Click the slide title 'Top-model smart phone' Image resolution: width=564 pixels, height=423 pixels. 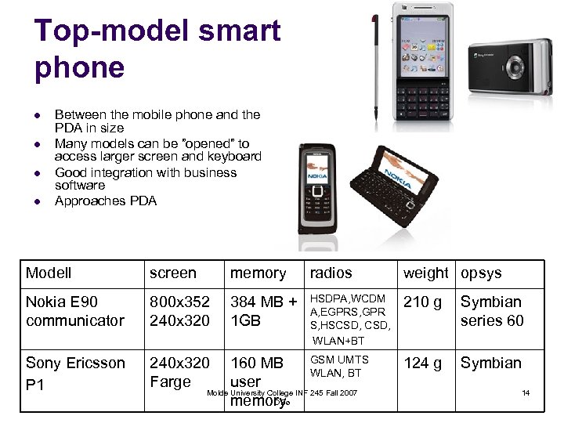click(x=157, y=49)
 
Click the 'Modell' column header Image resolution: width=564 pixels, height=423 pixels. click(x=49, y=273)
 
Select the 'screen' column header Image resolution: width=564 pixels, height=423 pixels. click(x=173, y=273)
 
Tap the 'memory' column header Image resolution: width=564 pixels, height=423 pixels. click(x=258, y=273)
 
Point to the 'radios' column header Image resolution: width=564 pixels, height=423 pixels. click(x=331, y=273)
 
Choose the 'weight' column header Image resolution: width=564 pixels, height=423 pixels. click(x=425, y=273)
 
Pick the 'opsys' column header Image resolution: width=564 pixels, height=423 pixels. click(x=481, y=273)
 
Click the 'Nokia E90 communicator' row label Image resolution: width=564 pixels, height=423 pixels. click(x=75, y=311)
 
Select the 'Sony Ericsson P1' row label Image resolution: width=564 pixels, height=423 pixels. click(x=75, y=374)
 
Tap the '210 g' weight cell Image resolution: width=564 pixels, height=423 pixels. click(x=422, y=302)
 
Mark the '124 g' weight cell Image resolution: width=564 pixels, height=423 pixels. click(x=422, y=363)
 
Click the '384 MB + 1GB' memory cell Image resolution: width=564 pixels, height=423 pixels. click(x=263, y=311)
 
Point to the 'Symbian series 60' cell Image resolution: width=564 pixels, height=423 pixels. click(x=492, y=311)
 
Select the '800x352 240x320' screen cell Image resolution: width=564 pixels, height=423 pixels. click(x=180, y=311)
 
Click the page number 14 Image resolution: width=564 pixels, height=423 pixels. click(x=526, y=392)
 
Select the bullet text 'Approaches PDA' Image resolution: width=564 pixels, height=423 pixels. click(x=106, y=201)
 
